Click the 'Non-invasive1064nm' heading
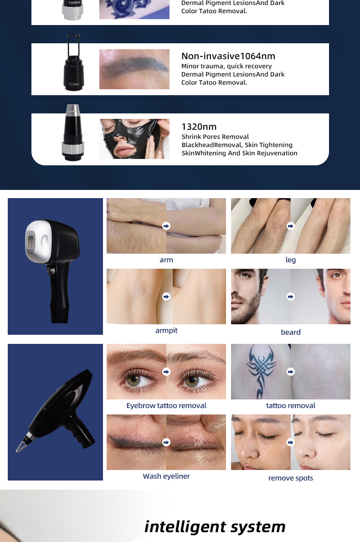tap(228, 56)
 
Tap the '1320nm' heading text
tap(199, 127)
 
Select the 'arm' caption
tap(166, 260)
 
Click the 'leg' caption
tap(290, 260)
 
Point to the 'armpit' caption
tap(166, 331)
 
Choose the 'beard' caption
tap(290, 332)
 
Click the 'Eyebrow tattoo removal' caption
tap(166, 405)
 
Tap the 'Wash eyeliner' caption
tap(166, 476)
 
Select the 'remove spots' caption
tap(290, 478)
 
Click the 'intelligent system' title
tap(215, 527)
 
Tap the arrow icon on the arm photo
tap(166, 226)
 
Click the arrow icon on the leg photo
tap(291, 226)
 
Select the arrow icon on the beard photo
tap(291, 297)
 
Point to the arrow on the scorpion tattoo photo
tap(291, 372)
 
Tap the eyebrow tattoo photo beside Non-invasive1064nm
tap(134, 69)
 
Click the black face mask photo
tap(134, 139)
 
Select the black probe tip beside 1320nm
tap(73, 133)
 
